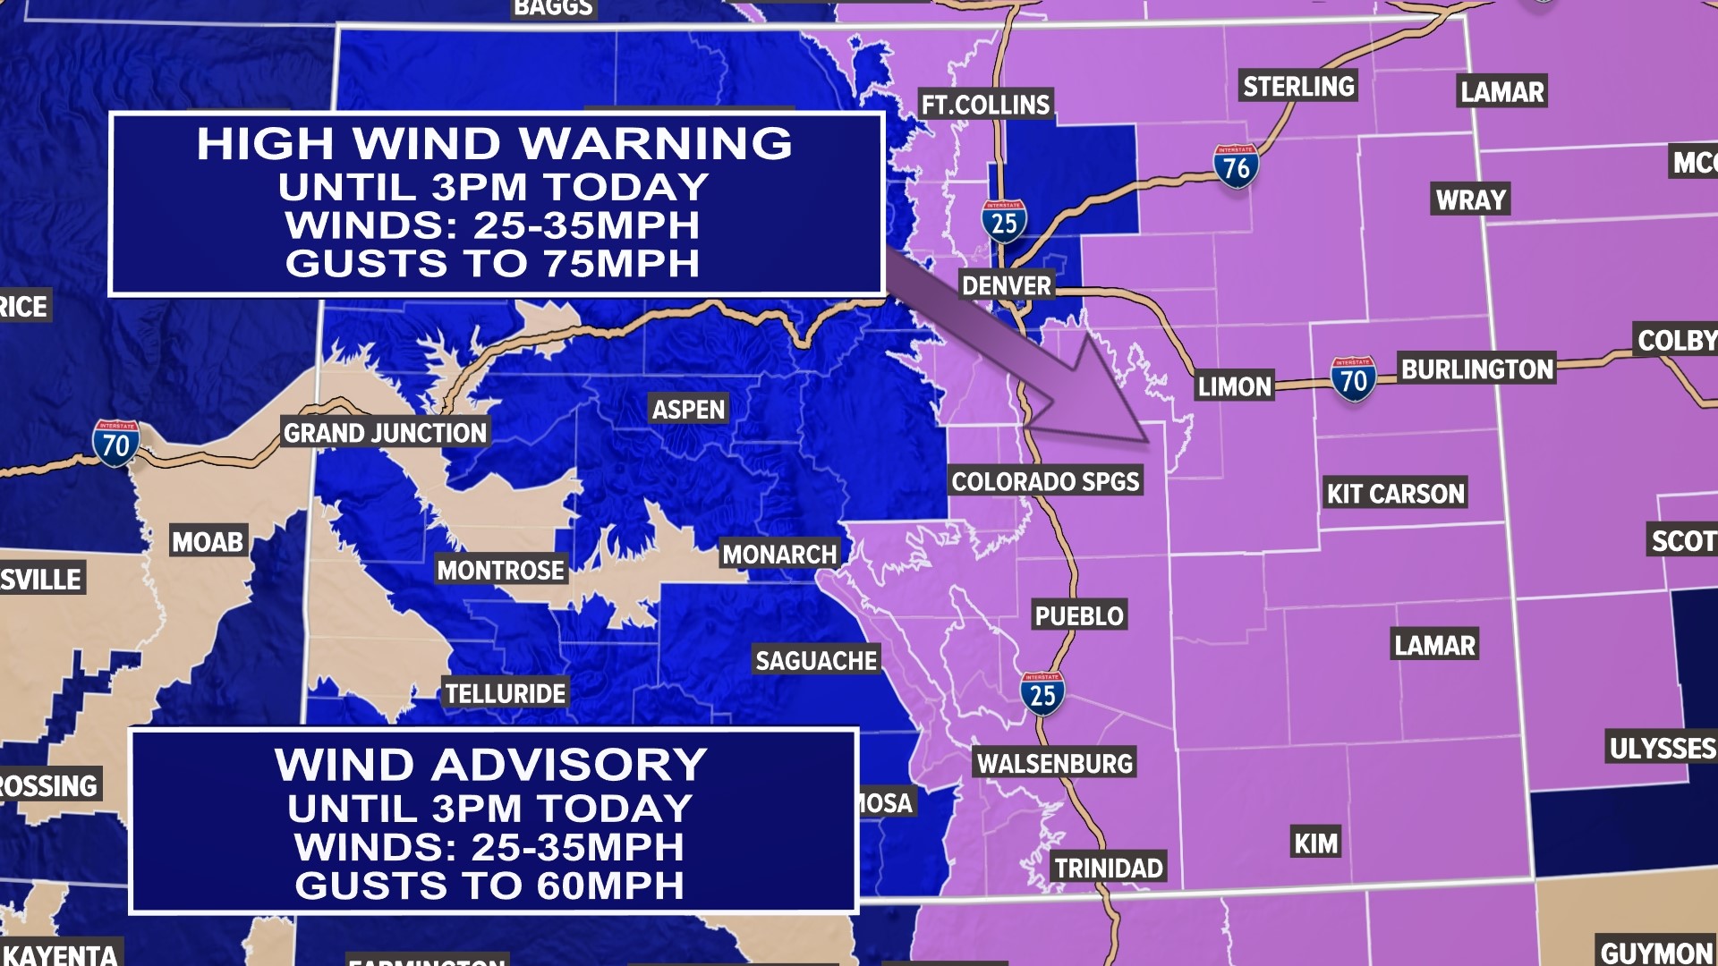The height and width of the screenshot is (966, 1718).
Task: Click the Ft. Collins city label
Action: pyautogui.click(x=985, y=105)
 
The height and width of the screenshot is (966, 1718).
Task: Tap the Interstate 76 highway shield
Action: pyautogui.click(x=1236, y=166)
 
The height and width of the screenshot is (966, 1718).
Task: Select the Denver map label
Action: pyautogui.click(x=1006, y=286)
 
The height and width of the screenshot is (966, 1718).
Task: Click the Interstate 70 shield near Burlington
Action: pyautogui.click(x=1353, y=379)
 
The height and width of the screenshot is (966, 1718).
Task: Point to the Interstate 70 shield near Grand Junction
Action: pyautogui.click(x=115, y=443)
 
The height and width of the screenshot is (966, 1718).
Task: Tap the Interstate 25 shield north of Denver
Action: pyautogui.click(x=1004, y=222)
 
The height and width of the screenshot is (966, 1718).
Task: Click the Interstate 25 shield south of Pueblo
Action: pyautogui.click(x=1042, y=693)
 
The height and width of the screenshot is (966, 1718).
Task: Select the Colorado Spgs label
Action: pyautogui.click(x=1045, y=482)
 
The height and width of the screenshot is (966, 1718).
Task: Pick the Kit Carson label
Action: pyautogui.click(x=1395, y=494)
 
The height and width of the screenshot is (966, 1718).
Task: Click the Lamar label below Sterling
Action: pyautogui.click(x=1501, y=92)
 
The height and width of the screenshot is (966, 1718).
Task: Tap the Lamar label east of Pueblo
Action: pyautogui.click(x=1434, y=645)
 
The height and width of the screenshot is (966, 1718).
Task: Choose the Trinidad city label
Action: pyautogui.click(x=1108, y=868)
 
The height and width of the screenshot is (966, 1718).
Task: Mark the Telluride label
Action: pyautogui.click(x=506, y=693)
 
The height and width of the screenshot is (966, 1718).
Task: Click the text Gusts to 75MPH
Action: pyautogui.click(x=492, y=264)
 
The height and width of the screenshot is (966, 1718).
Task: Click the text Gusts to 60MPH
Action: pyautogui.click(x=489, y=885)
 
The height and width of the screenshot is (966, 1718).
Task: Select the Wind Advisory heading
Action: pyautogui.click(x=490, y=766)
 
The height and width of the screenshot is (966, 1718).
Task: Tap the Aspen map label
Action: pyautogui.click(x=688, y=410)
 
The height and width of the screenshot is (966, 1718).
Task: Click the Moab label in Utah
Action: pyautogui.click(x=208, y=542)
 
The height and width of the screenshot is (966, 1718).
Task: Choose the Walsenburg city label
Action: pyautogui.click(x=1055, y=764)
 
